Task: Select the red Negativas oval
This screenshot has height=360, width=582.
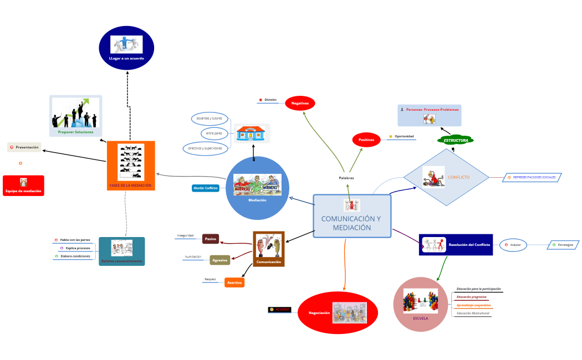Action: tap(300, 103)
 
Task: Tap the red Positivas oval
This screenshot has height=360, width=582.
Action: tap(366, 140)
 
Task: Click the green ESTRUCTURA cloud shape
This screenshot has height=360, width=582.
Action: tap(456, 140)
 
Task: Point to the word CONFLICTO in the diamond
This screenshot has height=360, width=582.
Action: tap(459, 177)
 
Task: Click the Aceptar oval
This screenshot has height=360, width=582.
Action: tap(513, 244)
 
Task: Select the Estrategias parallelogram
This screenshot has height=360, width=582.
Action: tap(564, 244)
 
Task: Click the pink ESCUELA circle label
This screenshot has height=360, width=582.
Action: tap(421, 318)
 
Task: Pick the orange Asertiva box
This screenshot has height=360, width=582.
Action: tap(234, 282)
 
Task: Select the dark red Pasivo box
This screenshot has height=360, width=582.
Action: tap(211, 239)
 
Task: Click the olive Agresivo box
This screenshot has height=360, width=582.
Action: tap(220, 260)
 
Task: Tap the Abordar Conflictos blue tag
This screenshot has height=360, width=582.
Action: tap(206, 188)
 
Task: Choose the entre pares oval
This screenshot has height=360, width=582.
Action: tap(214, 133)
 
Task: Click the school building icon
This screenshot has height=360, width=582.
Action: tap(252, 134)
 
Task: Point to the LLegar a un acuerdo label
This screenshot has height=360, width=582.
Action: tap(126, 58)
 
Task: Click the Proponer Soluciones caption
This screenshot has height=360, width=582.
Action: tap(76, 132)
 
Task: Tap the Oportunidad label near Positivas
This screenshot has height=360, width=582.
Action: tap(404, 136)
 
